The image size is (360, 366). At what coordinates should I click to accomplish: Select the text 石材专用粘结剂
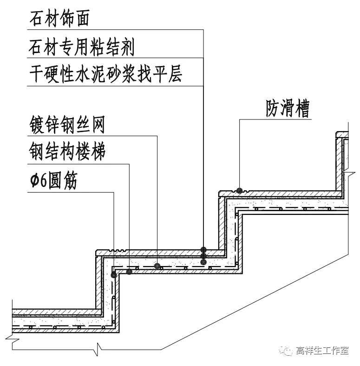(x=81, y=47)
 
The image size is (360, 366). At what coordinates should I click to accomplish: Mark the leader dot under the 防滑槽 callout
(x=239, y=190)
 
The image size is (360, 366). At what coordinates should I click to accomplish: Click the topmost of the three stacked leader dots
(x=203, y=250)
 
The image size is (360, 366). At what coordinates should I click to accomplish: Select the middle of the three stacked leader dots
(x=203, y=256)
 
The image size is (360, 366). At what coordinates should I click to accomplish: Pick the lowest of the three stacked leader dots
(x=203, y=262)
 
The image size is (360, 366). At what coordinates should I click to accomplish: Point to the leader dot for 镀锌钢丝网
(x=157, y=266)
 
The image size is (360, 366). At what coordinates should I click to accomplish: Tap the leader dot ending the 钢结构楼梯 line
(x=129, y=271)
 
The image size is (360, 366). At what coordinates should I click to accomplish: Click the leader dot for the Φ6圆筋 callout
(x=113, y=275)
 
